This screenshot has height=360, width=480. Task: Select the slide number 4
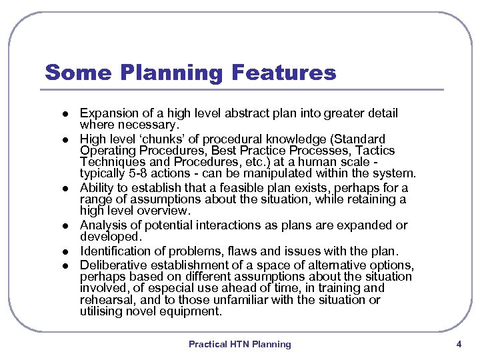[x=459, y=344]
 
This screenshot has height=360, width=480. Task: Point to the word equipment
[x=195, y=311]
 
